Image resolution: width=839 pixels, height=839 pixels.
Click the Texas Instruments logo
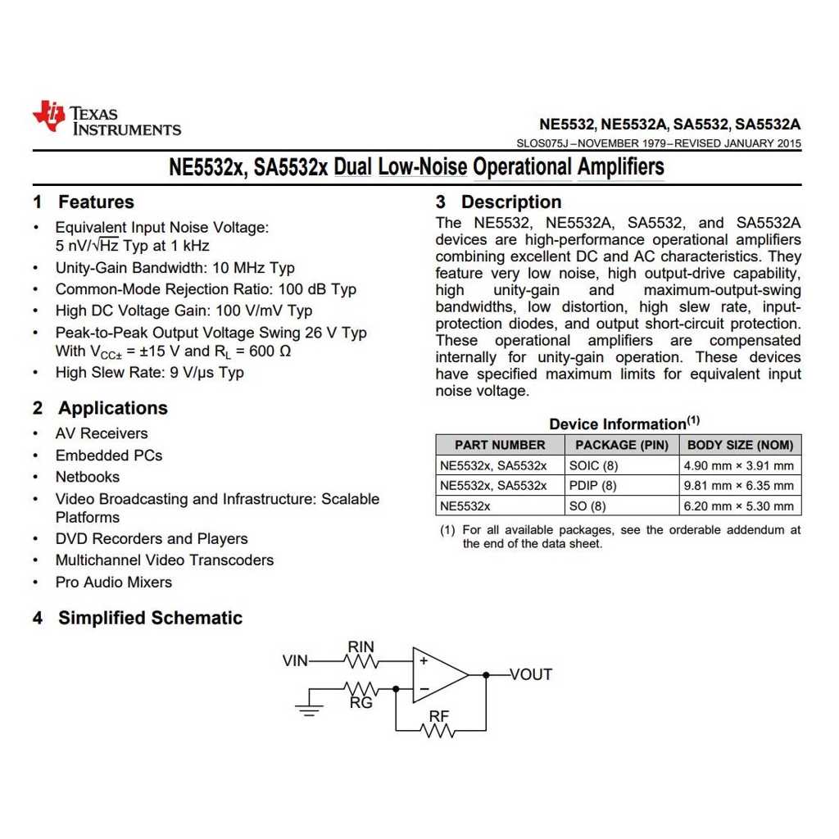tap(107, 120)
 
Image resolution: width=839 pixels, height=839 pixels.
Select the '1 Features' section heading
tap(84, 202)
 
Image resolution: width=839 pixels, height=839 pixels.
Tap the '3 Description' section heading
tap(498, 202)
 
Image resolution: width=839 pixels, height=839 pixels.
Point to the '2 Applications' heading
tap(100, 408)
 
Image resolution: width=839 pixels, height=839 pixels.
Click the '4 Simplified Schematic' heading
tap(138, 618)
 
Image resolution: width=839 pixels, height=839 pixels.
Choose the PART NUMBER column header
tap(500, 445)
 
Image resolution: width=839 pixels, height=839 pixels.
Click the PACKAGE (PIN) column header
tap(622, 445)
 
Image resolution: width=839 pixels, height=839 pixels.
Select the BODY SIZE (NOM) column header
tap(740, 445)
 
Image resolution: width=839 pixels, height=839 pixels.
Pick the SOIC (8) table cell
tap(587, 465)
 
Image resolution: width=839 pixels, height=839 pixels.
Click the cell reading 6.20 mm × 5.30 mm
tap(738, 506)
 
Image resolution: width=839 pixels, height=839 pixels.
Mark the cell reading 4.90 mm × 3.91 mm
tap(738, 465)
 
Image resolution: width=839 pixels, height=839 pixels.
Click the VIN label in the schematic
tap(296, 660)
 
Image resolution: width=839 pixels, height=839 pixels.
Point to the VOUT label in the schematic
tap(531, 674)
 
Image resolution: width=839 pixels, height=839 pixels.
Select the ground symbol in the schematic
tap(309, 708)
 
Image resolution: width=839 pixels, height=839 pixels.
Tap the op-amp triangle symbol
tap(438, 674)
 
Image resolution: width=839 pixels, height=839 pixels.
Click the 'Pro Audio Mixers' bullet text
tap(114, 583)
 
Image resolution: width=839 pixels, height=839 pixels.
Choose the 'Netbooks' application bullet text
tap(88, 477)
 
